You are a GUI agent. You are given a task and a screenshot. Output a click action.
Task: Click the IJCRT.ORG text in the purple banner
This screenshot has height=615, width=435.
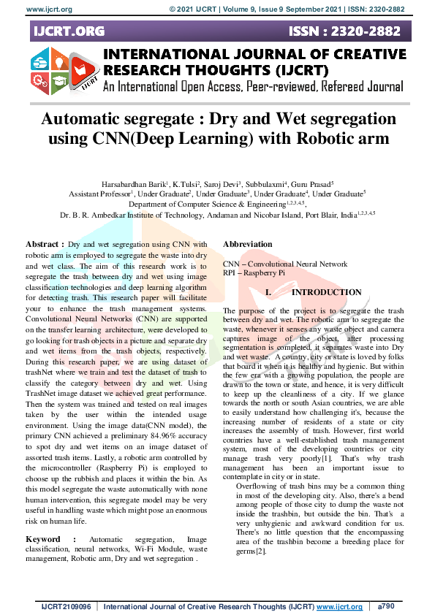click(67, 31)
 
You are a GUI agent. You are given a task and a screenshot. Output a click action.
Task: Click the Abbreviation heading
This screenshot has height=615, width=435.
click(247, 244)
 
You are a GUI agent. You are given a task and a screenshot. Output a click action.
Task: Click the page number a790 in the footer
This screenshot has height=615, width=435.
click(385, 607)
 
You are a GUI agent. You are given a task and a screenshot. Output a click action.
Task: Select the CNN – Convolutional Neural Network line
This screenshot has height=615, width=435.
click(285, 264)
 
